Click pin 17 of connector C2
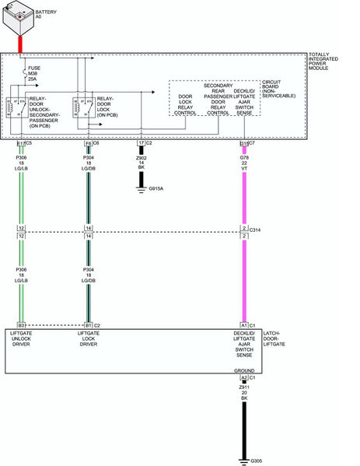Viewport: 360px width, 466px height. click(x=141, y=143)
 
